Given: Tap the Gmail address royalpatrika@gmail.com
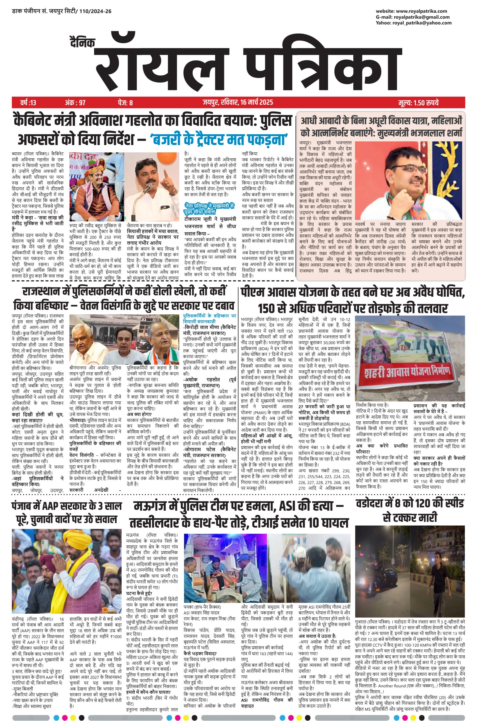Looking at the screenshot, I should (x=425, y=17).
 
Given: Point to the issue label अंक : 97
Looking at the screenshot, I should (x=75, y=102).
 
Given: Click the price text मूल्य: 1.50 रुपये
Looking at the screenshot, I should (x=420, y=102).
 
